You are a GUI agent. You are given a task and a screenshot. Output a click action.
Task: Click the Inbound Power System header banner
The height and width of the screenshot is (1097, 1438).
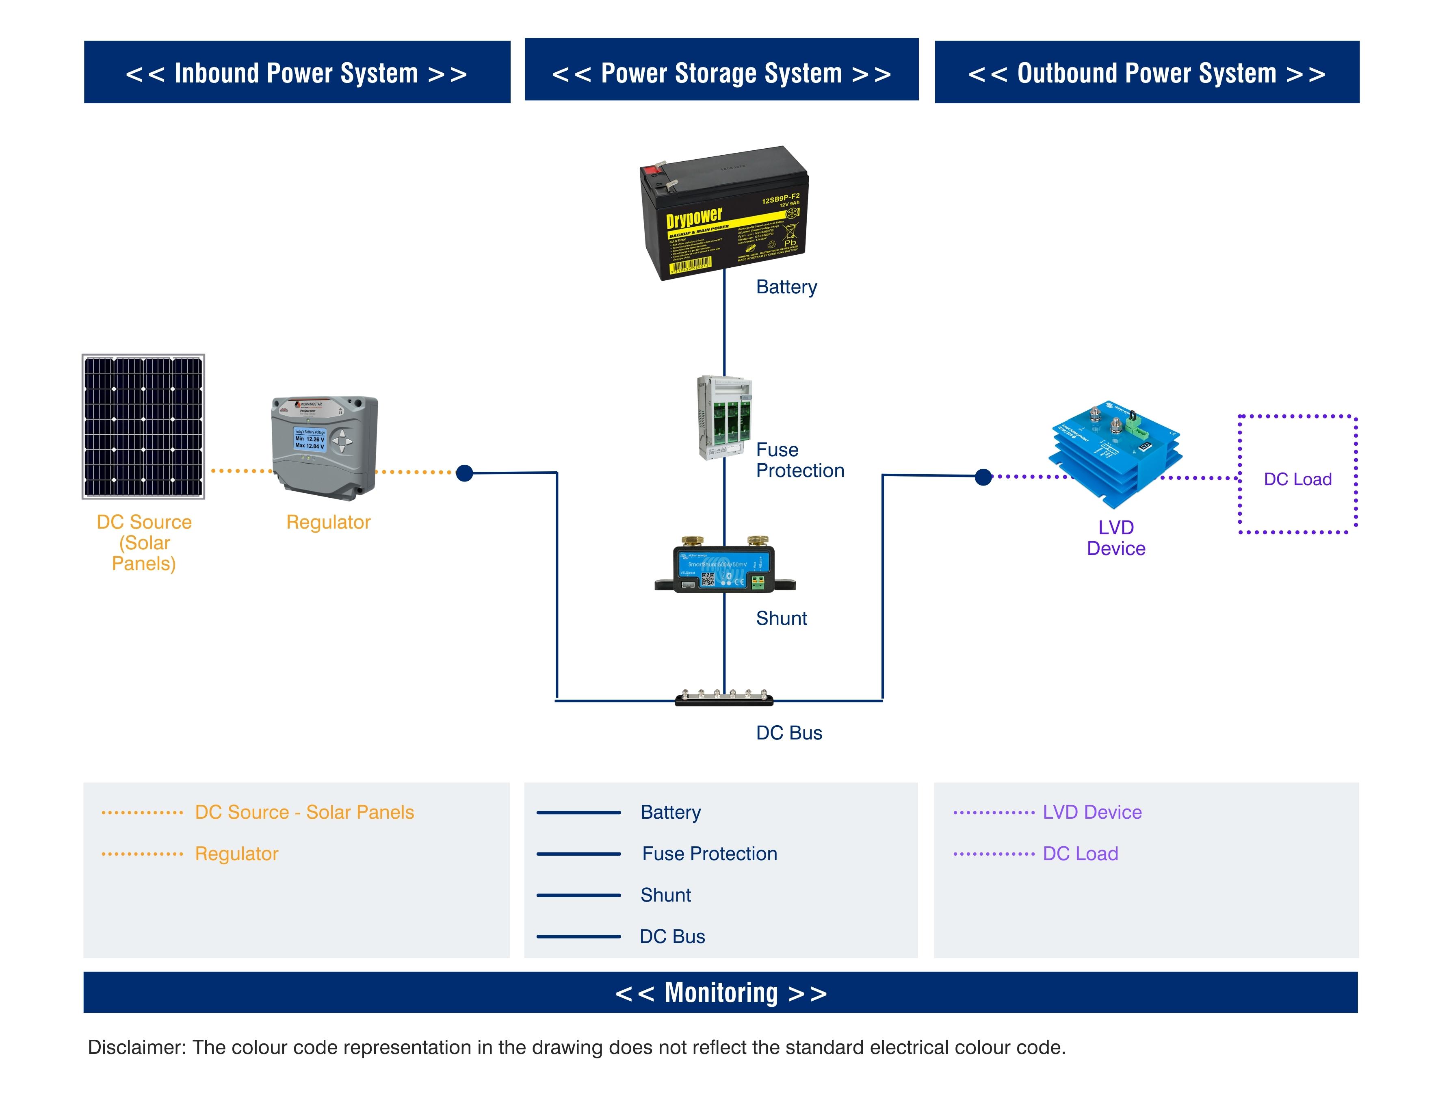point(297,72)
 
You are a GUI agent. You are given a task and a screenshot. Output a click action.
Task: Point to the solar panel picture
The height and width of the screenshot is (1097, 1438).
point(143,426)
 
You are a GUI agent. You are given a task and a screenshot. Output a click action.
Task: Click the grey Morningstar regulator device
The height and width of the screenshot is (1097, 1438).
point(325,447)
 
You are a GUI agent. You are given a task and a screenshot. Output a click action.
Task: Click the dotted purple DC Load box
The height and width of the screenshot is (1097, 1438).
point(1297,475)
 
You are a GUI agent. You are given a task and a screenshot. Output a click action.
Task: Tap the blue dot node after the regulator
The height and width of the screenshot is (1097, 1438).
point(464,473)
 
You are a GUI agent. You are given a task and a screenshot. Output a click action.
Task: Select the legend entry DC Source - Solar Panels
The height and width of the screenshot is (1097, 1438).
point(304,812)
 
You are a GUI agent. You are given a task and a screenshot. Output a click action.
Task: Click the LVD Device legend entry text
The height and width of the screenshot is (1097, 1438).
point(1092,812)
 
